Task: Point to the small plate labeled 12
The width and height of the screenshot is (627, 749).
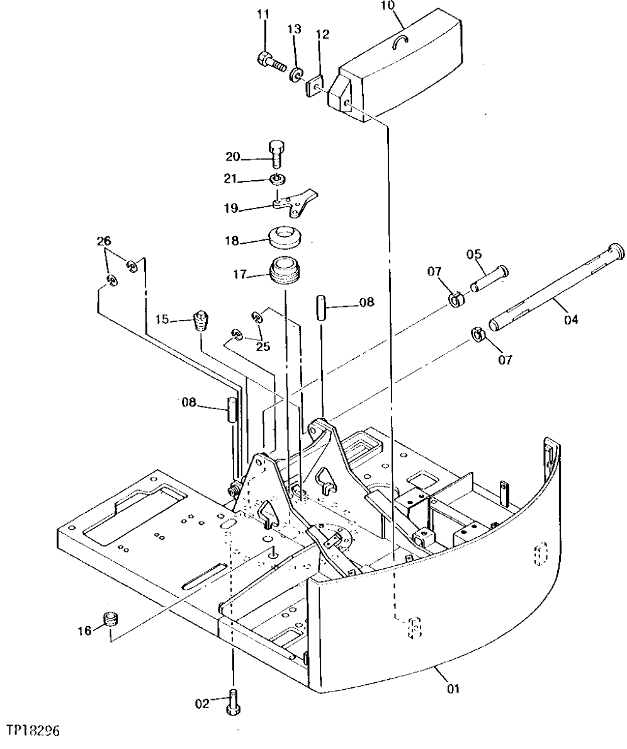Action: [x=315, y=86]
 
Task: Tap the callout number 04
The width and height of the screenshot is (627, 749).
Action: [x=570, y=319]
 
